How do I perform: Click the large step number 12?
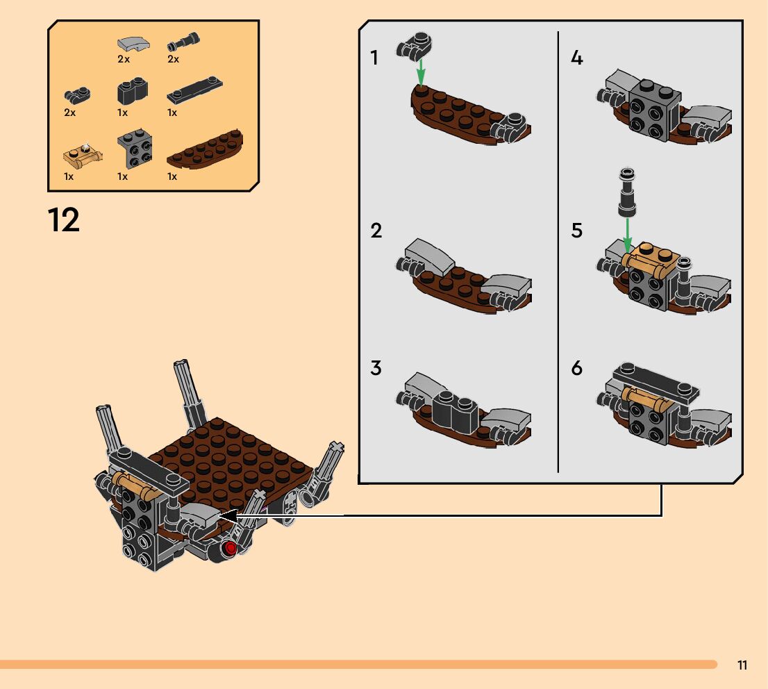pyautogui.click(x=64, y=220)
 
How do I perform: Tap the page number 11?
pyautogui.click(x=742, y=665)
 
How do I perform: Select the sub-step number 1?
pyautogui.click(x=375, y=58)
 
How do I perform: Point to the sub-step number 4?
pyautogui.click(x=576, y=58)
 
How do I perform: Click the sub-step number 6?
pyautogui.click(x=576, y=368)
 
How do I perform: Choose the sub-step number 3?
pyautogui.click(x=376, y=368)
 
